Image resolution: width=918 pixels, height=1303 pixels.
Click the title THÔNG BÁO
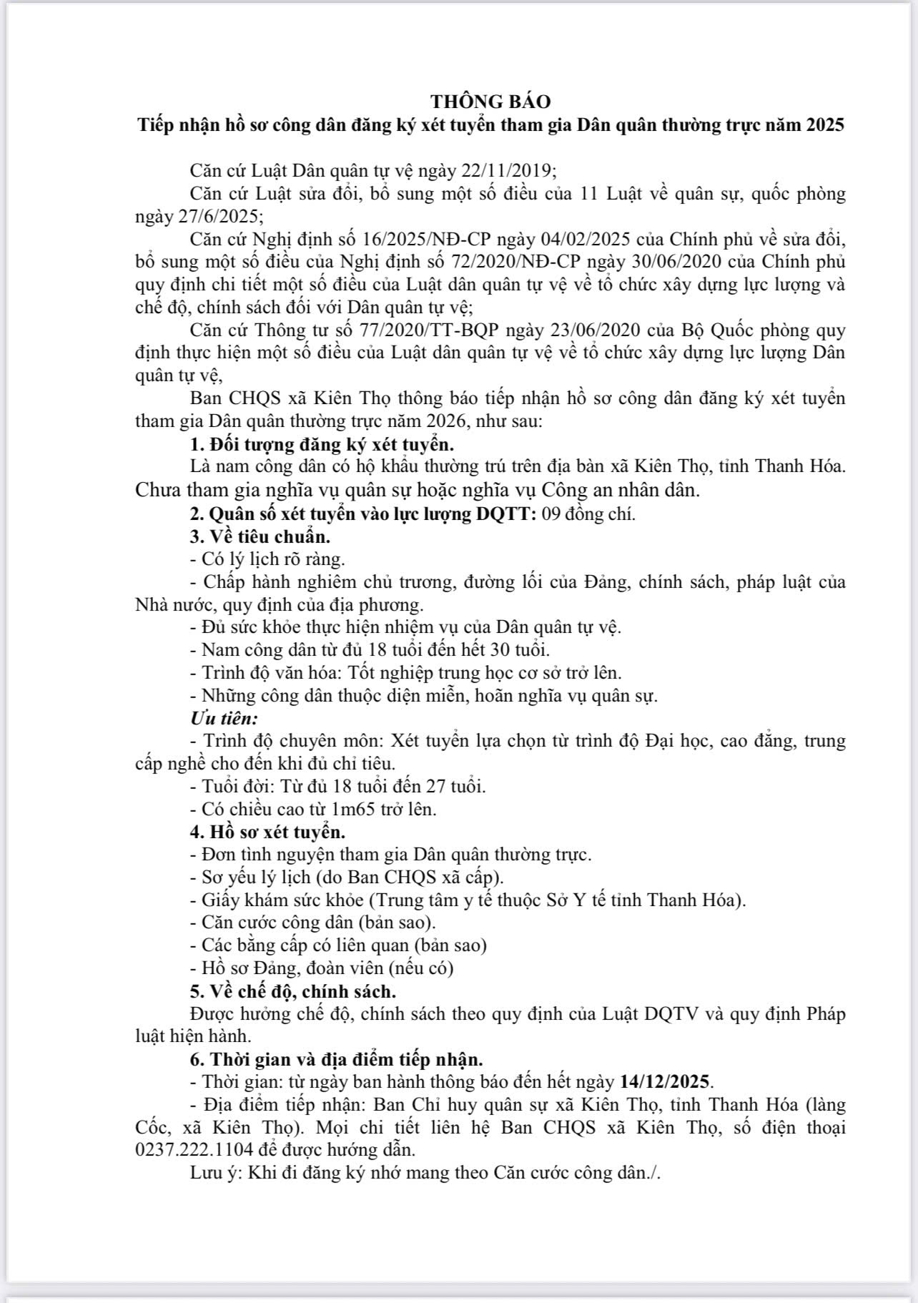coord(490,102)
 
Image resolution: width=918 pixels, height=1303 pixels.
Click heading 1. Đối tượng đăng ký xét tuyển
coord(322,444)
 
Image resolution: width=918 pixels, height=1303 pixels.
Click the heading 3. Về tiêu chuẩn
coord(260,536)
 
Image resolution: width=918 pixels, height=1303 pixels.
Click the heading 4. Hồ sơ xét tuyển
coord(268,832)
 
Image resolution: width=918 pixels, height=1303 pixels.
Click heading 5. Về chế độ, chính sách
coord(293,991)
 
